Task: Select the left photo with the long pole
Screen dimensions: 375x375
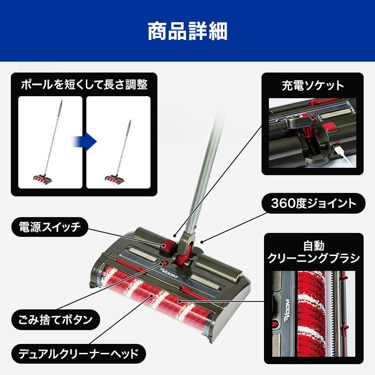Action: pyautogui.click(x=50, y=142)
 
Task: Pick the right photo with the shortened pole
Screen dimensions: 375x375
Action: pyautogui.click(x=118, y=142)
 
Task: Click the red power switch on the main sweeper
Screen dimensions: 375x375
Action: pyautogui.click(x=167, y=244)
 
